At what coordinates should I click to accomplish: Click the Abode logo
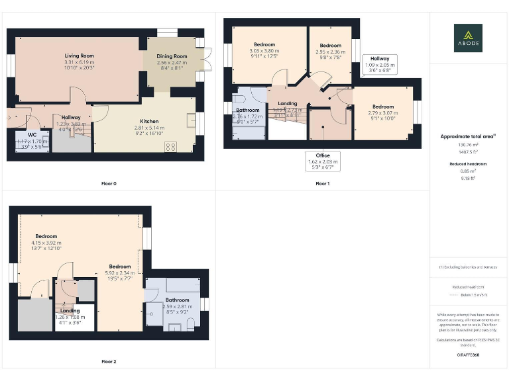[468, 38]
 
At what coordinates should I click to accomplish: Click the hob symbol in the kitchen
[170, 147]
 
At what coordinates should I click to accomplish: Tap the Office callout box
[323, 161]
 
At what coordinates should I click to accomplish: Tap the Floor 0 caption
[109, 183]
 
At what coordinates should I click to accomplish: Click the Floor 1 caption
[322, 183]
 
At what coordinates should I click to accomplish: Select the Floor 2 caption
[109, 362]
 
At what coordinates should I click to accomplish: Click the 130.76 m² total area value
[469, 144]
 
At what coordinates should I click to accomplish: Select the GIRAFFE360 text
[469, 355]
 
